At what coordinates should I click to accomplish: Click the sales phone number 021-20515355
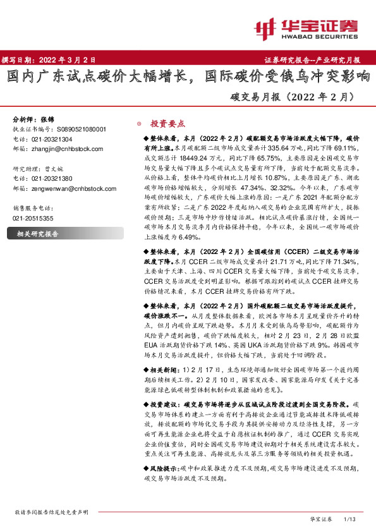click(x=33, y=217)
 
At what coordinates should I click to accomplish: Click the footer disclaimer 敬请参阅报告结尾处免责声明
click(x=51, y=512)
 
